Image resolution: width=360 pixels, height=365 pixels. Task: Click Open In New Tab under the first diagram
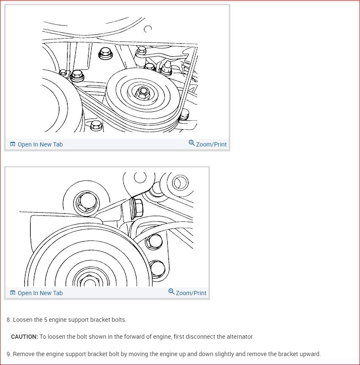[x=40, y=144]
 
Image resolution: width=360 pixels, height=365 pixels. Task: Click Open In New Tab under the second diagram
[x=40, y=293]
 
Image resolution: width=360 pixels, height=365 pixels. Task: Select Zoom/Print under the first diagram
[x=211, y=144]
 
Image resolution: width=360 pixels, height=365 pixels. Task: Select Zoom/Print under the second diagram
[x=191, y=293]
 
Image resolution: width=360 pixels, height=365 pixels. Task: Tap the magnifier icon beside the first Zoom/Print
[x=192, y=143]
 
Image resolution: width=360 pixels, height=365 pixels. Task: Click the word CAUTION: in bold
[x=25, y=337]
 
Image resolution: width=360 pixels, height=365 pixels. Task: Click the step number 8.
[x=8, y=320]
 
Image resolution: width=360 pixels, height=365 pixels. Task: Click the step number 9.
[x=8, y=354]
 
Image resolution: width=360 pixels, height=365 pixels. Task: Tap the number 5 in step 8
[x=46, y=320]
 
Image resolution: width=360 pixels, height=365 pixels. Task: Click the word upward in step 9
[x=309, y=354]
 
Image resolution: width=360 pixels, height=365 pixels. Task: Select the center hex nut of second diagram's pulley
[x=88, y=280]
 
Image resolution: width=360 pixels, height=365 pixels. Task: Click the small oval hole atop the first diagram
[x=148, y=29]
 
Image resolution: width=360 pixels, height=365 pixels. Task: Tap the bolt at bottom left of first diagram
[x=96, y=125]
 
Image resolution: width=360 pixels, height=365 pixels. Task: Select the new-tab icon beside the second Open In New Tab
[x=12, y=293]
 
